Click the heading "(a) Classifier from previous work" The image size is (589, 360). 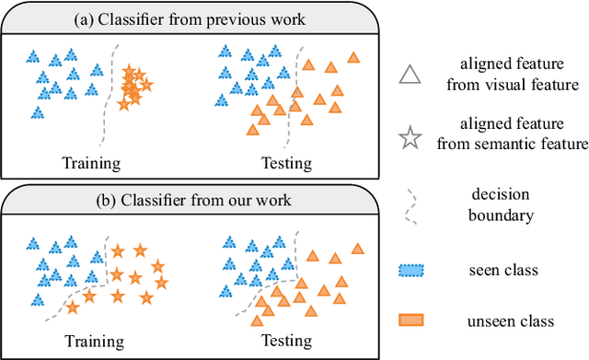click(x=192, y=17)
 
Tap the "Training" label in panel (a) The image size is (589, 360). click(x=91, y=164)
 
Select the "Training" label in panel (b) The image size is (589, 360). click(x=93, y=342)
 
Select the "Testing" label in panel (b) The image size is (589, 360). click(x=287, y=342)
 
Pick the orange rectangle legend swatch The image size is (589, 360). click(x=411, y=320)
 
